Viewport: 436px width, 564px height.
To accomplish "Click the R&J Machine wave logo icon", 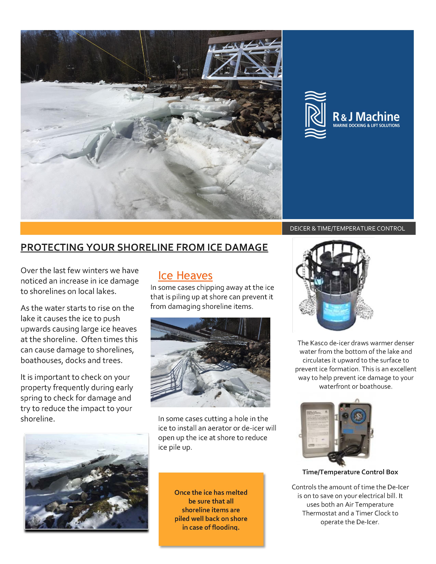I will point(315,115).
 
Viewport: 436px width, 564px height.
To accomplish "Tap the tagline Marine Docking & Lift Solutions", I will point(366,125).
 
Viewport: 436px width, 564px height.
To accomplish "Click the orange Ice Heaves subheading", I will point(185,276).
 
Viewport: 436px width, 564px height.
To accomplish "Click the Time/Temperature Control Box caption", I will point(350,472).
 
